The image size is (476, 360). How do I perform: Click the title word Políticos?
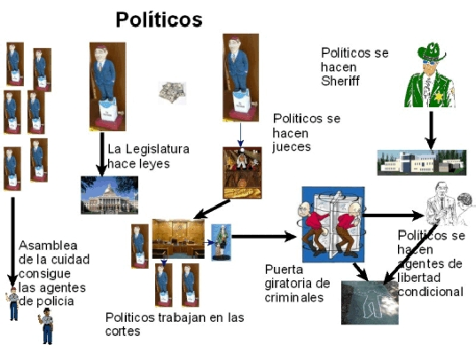[x=159, y=20]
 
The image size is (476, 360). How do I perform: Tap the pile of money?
[x=172, y=92]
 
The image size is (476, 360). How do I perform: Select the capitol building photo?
[x=109, y=195]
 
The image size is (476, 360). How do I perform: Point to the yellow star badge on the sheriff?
[x=439, y=97]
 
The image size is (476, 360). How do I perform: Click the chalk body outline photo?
[x=370, y=302]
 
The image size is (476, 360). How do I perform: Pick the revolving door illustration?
[x=333, y=224]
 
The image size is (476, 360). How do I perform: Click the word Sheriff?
[x=340, y=81]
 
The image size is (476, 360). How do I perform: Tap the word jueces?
[x=292, y=147]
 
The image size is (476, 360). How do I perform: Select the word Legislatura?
[x=157, y=149]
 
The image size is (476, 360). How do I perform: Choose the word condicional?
[x=430, y=292]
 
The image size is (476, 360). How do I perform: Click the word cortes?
[x=122, y=332]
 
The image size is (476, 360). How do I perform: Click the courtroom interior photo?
[x=178, y=239]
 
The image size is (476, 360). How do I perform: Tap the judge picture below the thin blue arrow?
[x=242, y=173]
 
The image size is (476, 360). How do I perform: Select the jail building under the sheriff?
[x=422, y=162]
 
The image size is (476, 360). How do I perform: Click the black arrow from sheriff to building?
[x=431, y=130]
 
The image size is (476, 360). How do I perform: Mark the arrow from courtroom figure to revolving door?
[x=263, y=237]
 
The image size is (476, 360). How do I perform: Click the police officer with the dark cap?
[x=47, y=326]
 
